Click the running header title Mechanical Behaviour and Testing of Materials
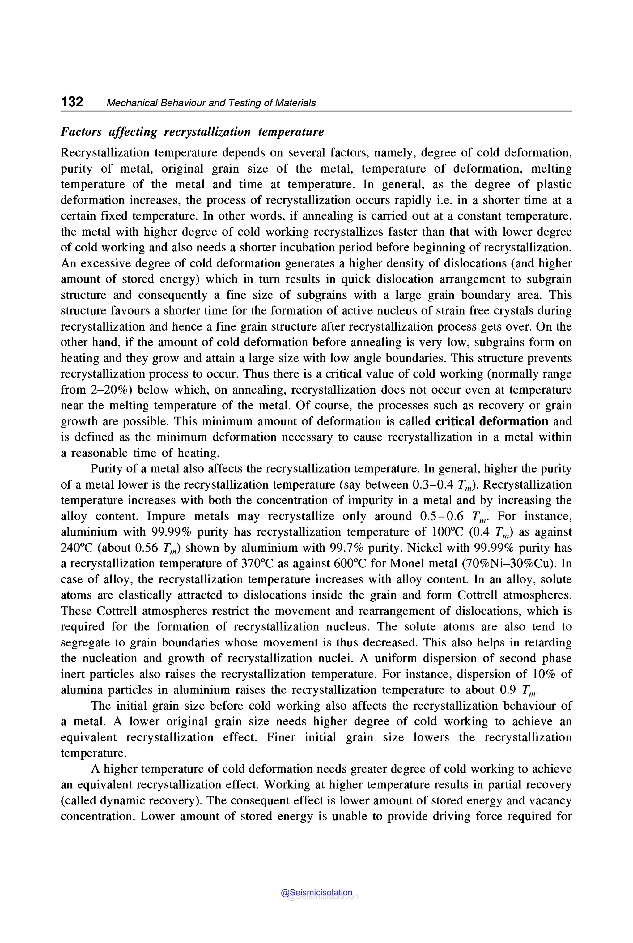211,103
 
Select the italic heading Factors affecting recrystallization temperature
192,132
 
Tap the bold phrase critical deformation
491,421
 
